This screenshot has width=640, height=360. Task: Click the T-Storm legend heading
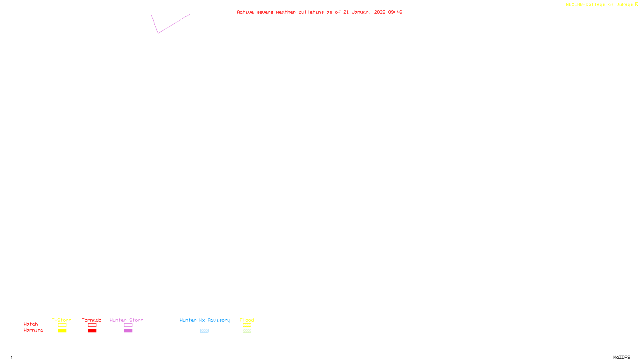[x=62, y=320]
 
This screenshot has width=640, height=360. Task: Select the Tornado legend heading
[x=92, y=320]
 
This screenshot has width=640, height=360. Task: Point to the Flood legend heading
[x=247, y=320]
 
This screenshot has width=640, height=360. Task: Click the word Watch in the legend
[x=31, y=324]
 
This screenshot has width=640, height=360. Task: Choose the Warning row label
[x=34, y=330]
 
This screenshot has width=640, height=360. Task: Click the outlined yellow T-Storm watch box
[x=62, y=325]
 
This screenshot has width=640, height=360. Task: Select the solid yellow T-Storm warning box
[x=62, y=331]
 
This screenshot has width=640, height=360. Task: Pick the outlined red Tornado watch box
[x=92, y=325]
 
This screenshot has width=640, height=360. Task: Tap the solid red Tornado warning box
[x=92, y=331]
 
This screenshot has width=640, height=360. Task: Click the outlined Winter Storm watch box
[x=128, y=325]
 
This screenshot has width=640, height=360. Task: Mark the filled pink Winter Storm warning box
[x=128, y=331]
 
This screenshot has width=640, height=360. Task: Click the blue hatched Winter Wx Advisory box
[x=204, y=331]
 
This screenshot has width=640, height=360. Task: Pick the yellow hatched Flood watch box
[x=247, y=325]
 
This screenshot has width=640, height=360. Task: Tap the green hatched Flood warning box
[x=247, y=331]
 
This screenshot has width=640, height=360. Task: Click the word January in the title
[x=362, y=12]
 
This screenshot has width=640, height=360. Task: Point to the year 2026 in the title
[x=380, y=12]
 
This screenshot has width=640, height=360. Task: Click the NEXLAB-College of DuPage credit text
[x=600, y=5]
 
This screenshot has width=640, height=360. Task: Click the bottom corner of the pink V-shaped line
[x=158, y=33]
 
